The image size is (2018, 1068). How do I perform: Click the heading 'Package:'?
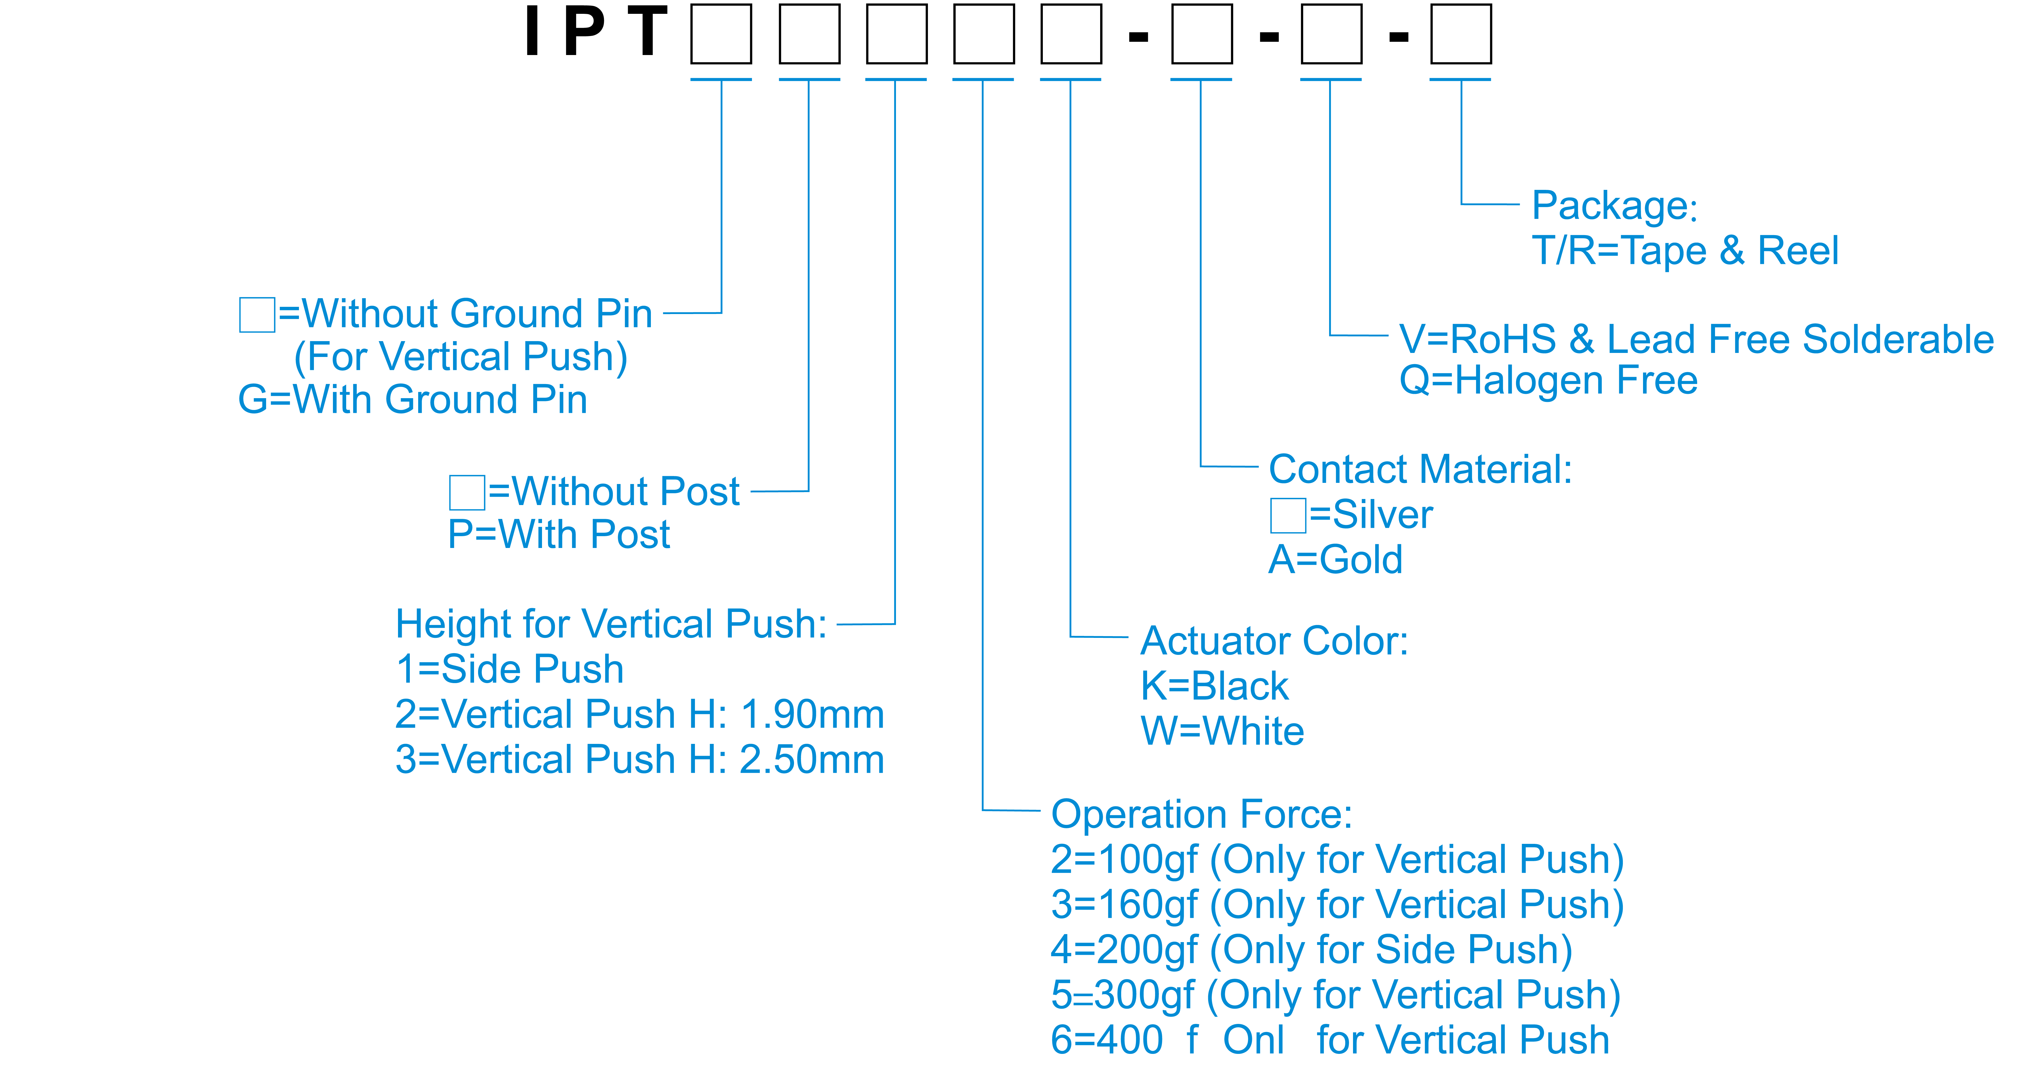(x=1615, y=206)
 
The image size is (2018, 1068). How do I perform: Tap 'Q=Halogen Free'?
(x=1548, y=381)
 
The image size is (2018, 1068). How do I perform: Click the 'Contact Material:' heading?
(x=1420, y=469)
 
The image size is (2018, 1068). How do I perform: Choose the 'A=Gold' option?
(x=1335, y=559)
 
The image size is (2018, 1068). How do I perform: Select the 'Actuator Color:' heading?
(x=1274, y=641)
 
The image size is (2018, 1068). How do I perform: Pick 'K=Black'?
(x=1214, y=686)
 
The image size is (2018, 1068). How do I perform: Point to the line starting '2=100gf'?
(x=1337, y=860)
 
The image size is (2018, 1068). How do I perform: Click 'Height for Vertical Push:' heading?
(x=611, y=625)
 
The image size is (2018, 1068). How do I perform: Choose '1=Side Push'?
(x=509, y=669)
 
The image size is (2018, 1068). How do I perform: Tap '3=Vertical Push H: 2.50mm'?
(x=639, y=759)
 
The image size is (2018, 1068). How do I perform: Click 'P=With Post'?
(x=558, y=534)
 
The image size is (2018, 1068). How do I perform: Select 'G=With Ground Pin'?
(x=412, y=400)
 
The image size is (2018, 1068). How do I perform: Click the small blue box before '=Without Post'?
(x=467, y=492)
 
